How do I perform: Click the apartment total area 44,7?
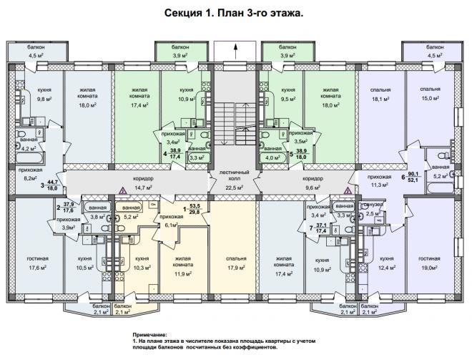tap(52, 183)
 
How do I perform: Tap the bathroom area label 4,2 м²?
tap(28, 149)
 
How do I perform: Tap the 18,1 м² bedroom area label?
tap(384, 99)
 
